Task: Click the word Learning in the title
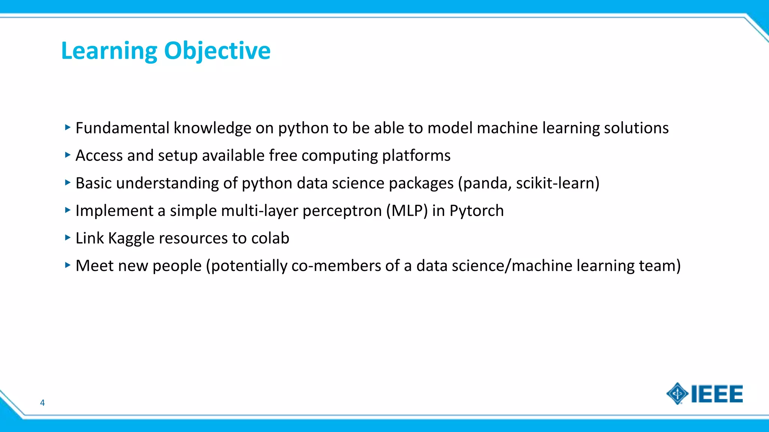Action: coord(109,51)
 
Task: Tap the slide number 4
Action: coord(42,403)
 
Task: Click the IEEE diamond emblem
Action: coord(677,394)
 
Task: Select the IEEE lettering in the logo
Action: coord(717,394)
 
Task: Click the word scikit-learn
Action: coord(557,183)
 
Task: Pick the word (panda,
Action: coord(485,183)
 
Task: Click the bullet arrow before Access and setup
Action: coord(68,155)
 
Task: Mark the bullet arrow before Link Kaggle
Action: coord(68,237)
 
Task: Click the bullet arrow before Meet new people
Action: coord(68,265)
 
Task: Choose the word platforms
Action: coord(416,156)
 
